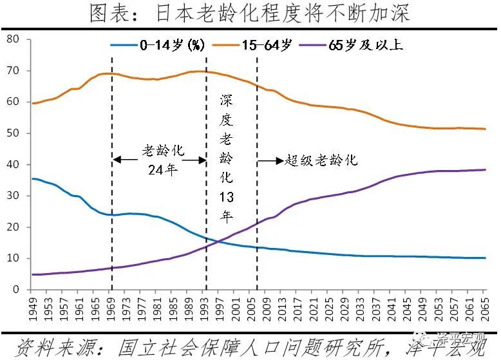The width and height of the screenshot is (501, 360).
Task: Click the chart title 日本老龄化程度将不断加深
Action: coord(250,14)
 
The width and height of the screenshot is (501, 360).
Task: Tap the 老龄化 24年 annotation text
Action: coord(160,160)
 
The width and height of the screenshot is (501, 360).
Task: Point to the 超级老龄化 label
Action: coord(321,160)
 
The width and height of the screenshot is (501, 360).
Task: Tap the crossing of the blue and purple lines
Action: coord(218,242)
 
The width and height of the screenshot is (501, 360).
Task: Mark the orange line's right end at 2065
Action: coord(485,129)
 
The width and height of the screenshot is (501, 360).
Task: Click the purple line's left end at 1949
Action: coord(32,274)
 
